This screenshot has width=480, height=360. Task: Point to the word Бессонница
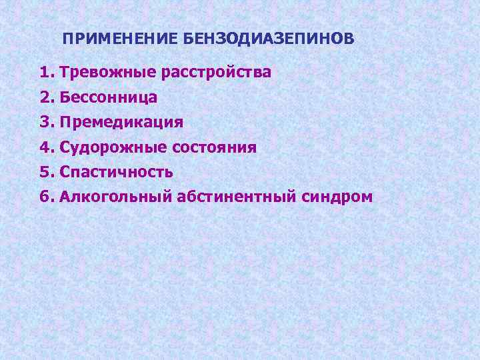(109, 97)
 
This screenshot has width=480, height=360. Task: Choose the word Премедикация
(121, 122)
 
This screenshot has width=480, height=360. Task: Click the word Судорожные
(111, 147)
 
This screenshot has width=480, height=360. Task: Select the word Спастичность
(117, 172)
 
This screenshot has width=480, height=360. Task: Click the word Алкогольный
(116, 197)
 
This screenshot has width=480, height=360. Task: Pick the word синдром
(335, 197)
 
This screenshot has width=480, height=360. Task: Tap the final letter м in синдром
(367, 198)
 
